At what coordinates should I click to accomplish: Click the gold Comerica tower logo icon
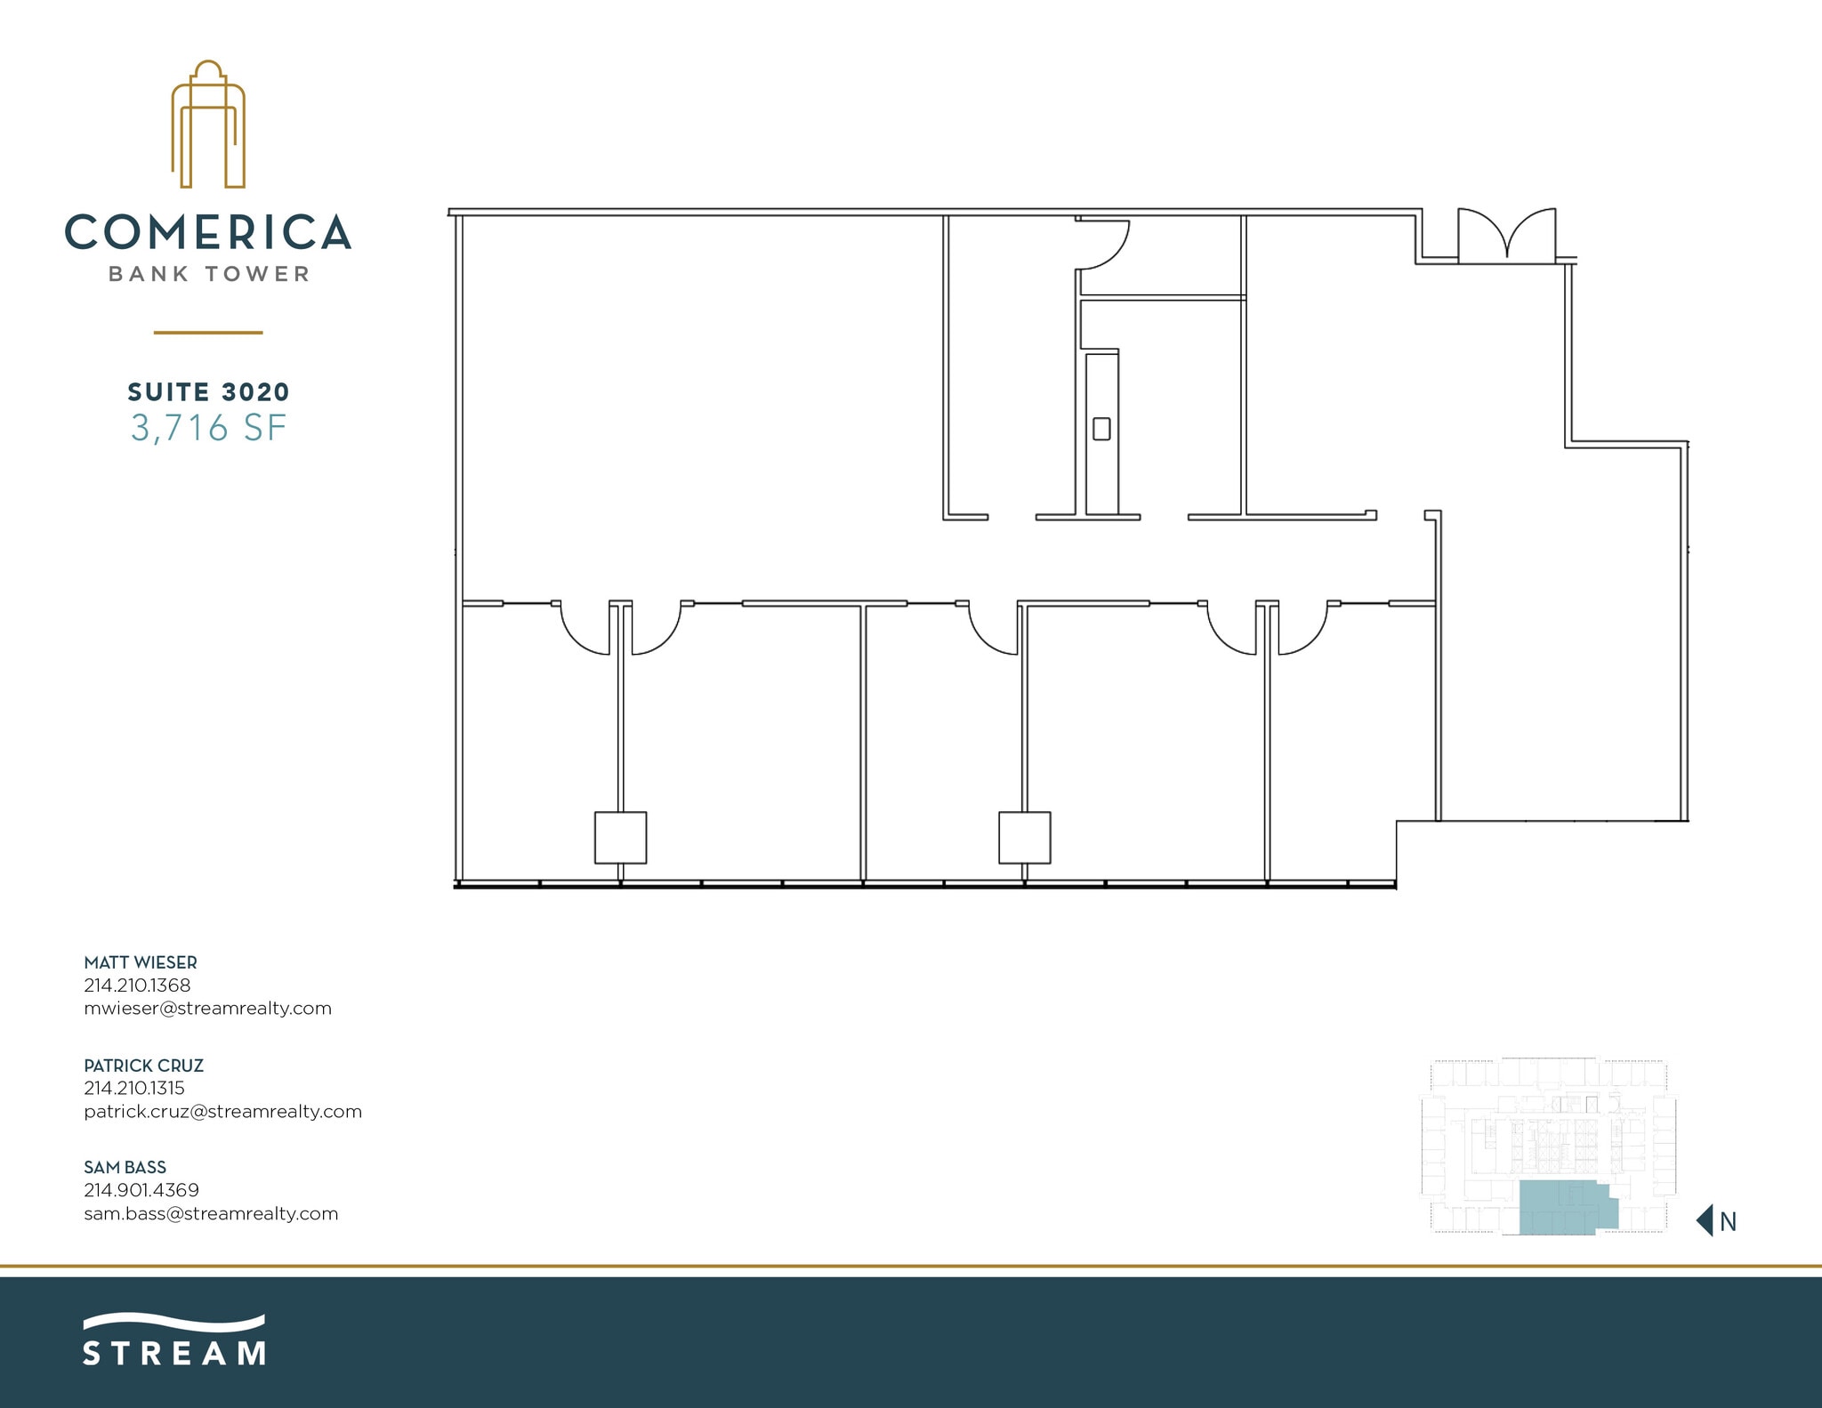(208, 125)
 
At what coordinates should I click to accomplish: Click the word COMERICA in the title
(208, 232)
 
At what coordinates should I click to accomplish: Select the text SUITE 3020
(208, 392)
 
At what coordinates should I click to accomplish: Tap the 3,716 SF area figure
(208, 429)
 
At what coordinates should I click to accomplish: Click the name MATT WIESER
(141, 962)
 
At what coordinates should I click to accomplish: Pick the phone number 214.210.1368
(137, 986)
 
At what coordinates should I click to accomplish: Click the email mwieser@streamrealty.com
(207, 1009)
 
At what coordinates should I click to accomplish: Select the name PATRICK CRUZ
(143, 1066)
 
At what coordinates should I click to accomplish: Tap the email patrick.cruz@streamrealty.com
(222, 1112)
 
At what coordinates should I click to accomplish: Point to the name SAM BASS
(125, 1168)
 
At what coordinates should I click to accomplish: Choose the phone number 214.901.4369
(141, 1190)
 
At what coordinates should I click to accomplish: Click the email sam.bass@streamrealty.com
(211, 1214)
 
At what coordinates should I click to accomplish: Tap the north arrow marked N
(1717, 1221)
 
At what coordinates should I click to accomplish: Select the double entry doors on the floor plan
(1506, 237)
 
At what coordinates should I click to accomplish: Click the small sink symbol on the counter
(1101, 429)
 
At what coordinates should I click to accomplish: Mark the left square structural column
(620, 838)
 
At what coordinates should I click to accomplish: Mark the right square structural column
(1024, 838)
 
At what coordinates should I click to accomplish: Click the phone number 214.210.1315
(134, 1088)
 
